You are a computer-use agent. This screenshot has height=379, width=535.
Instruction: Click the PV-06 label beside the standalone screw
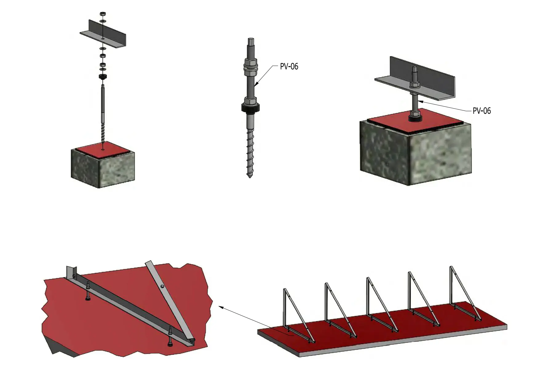pos(289,66)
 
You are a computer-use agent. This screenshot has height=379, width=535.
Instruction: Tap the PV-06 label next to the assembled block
pos(482,111)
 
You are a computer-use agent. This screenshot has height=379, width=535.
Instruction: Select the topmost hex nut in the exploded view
pos(103,14)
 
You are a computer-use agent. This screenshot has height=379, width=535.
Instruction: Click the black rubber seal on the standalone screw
pos(251,107)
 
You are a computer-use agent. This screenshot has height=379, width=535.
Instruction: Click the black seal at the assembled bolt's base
pos(415,117)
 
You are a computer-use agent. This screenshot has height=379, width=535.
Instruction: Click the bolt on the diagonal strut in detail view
pos(162,287)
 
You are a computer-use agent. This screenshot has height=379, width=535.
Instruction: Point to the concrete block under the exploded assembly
pos(103,168)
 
